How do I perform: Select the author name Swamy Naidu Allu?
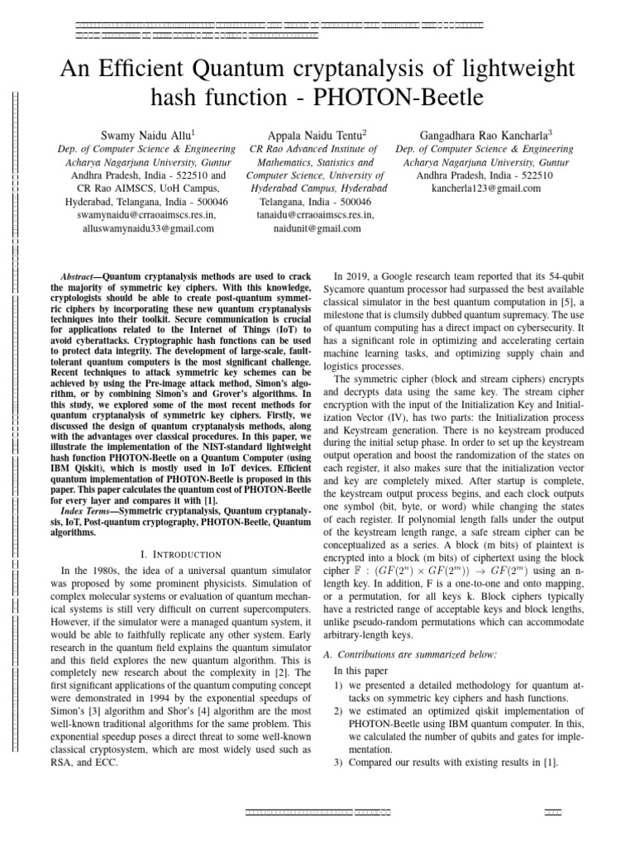pyautogui.click(x=146, y=133)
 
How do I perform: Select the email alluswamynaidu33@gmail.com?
pyautogui.click(x=146, y=227)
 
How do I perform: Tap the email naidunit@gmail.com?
pyautogui.click(x=317, y=227)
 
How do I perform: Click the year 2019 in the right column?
pyautogui.click(x=357, y=276)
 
